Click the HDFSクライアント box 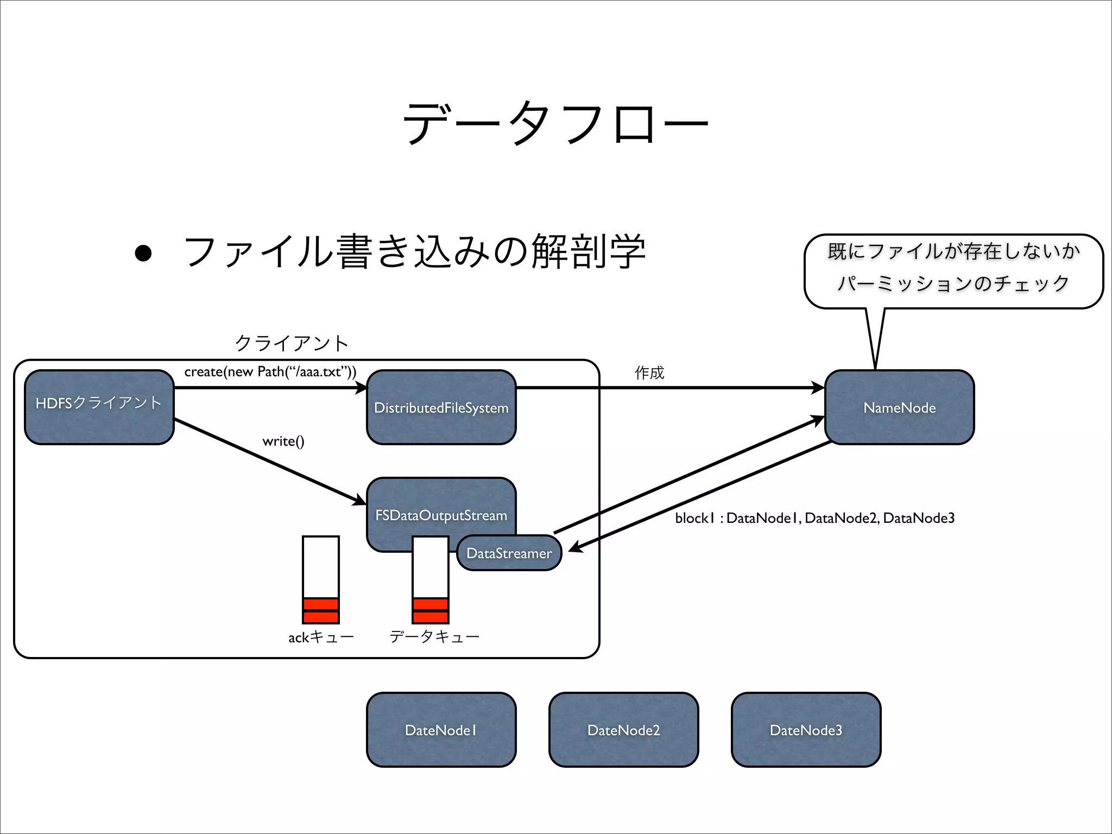tap(99, 407)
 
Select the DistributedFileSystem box tap(441, 407)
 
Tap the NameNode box tap(899, 407)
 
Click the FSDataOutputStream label tap(441, 515)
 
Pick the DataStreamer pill tap(509, 553)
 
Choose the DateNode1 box tap(441, 730)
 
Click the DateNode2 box tap(623, 730)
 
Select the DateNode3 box tap(806, 730)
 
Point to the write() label tap(283, 441)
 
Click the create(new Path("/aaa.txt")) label tap(270, 372)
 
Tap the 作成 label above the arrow tap(649, 372)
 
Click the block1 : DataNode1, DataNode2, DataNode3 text tap(814, 518)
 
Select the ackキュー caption tap(321, 637)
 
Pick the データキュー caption tap(434, 636)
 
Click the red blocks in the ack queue tap(321, 611)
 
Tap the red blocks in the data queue tap(431, 611)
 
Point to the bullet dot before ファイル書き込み tap(143, 254)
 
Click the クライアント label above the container tap(292, 343)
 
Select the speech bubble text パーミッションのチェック tap(953, 283)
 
